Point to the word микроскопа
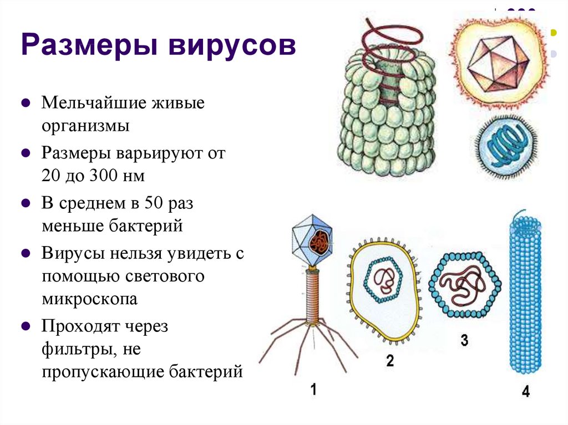(89, 299)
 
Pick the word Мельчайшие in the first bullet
(94, 103)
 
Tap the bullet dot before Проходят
(26, 326)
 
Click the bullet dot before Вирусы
(26, 253)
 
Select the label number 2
(390, 361)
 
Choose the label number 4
(526, 391)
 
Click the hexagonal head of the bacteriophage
(312, 240)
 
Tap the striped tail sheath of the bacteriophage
(312, 295)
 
